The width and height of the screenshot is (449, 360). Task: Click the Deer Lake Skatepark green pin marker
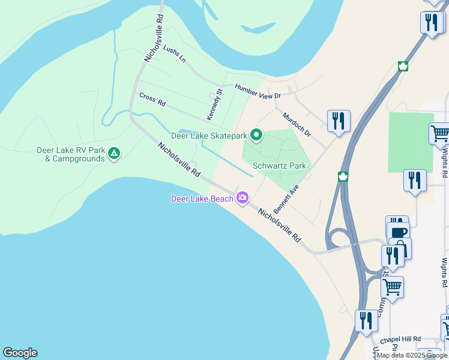[x=256, y=136]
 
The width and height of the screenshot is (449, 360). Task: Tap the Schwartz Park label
[x=279, y=166]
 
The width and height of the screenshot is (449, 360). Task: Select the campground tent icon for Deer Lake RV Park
[x=113, y=154]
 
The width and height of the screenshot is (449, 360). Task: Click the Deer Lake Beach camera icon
[x=243, y=197]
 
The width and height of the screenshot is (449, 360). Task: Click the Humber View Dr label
[x=258, y=91]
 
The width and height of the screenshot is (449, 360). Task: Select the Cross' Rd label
[x=152, y=100]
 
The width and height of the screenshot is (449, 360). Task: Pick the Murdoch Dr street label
[x=297, y=124]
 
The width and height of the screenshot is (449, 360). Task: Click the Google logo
[x=20, y=353]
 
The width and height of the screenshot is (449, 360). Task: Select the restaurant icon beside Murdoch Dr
[x=339, y=121]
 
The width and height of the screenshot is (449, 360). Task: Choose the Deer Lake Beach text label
[x=202, y=199]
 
